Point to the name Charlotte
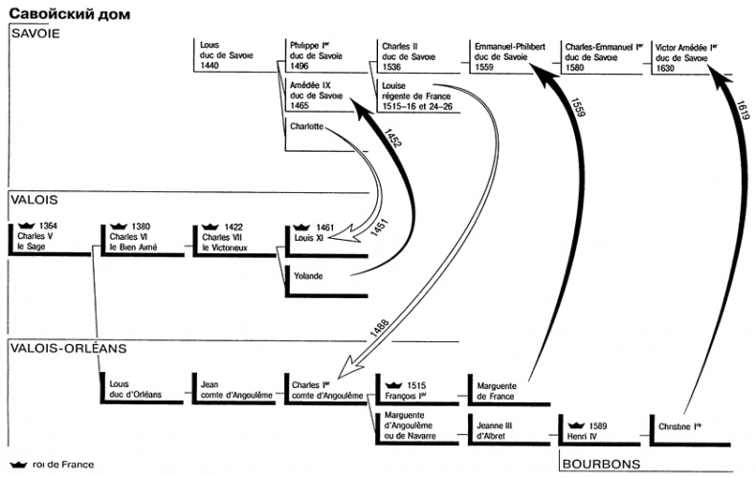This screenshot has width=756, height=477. pyautogui.click(x=306, y=127)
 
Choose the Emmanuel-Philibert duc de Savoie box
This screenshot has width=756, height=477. pyautogui.click(x=508, y=56)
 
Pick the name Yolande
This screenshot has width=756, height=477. pyautogui.click(x=308, y=277)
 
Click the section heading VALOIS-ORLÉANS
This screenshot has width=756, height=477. pyautogui.click(x=70, y=349)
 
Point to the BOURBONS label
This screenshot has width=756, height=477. pyautogui.click(x=601, y=464)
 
